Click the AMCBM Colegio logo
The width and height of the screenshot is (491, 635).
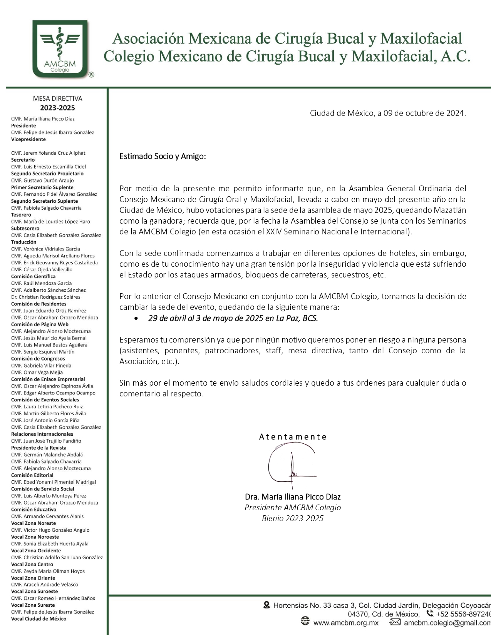60,49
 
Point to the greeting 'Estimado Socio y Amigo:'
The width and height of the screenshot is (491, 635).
163,157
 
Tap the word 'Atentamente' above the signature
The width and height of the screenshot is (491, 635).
293,437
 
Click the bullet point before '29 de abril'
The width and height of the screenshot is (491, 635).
136,319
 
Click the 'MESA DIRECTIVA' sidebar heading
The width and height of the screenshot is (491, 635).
57,99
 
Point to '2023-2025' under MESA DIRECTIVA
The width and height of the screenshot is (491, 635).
57,108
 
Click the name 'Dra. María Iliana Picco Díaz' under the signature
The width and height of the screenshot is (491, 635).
293,497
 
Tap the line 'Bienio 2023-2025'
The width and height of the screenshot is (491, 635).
293,518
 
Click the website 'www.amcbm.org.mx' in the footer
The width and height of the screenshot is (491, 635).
346,623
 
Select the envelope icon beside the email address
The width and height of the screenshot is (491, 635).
395,622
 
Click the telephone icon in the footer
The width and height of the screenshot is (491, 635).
430,613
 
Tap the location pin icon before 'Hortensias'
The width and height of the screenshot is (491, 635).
266,605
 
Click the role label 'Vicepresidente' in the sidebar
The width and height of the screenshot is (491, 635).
28,139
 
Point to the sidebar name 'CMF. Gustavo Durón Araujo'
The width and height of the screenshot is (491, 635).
42,180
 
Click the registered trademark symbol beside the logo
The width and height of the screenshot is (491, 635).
91,75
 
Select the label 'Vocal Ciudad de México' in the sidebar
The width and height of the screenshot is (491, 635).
39,619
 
